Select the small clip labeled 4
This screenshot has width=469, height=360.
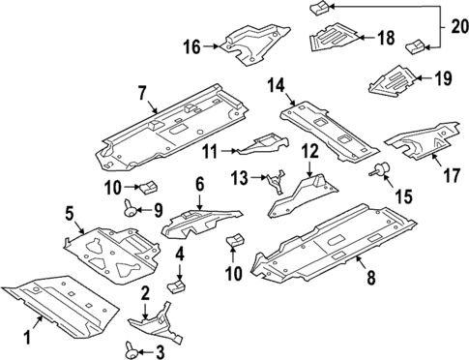click(x=176, y=285)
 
